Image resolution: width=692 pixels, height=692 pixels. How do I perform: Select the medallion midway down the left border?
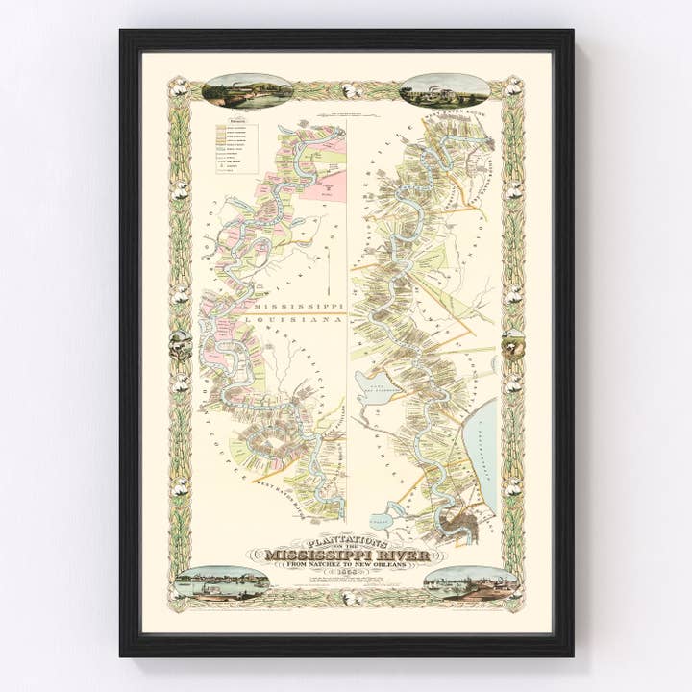coord(179,341)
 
